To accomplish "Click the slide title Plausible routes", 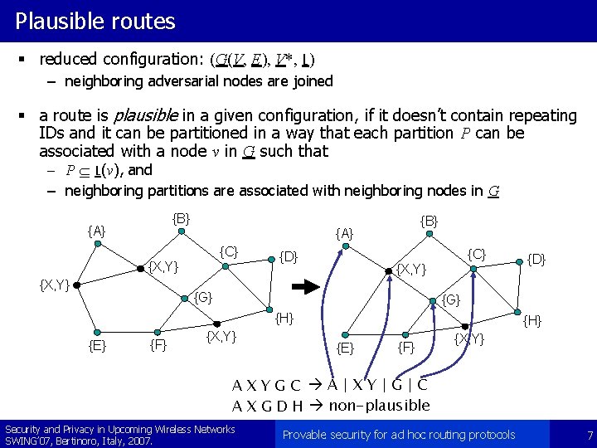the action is (95, 21).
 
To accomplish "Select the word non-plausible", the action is (380, 406).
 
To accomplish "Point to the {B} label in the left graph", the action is (181, 219).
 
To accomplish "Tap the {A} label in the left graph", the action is (96, 231).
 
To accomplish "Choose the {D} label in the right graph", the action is (537, 260).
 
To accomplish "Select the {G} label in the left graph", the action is (203, 297).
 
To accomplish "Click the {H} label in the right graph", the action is (532, 319).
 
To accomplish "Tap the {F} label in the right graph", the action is (406, 347).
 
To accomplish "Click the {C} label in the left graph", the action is (229, 251).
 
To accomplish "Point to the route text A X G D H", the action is (266, 406).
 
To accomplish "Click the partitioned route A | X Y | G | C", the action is (377, 385).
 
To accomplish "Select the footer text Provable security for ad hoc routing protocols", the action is (399, 435).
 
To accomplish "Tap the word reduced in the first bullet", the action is (69, 59).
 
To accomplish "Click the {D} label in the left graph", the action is (289, 256).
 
